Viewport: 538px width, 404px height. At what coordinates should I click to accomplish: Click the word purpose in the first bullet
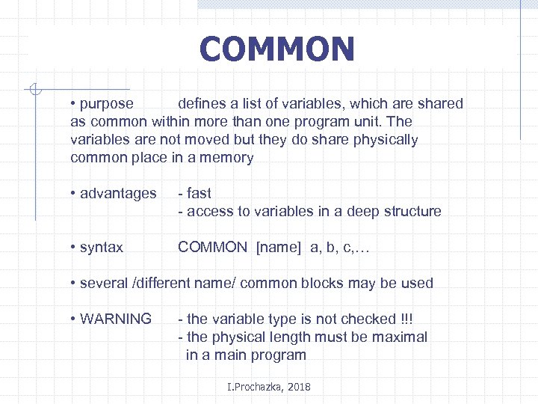pyautogui.click(x=106, y=104)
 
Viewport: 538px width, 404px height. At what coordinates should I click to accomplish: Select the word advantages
pyautogui.click(x=118, y=194)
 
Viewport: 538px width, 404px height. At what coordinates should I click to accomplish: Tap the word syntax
pyautogui.click(x=102, y=248)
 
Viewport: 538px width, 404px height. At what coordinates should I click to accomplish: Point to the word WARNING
pyautogui.click(x=115, y=319)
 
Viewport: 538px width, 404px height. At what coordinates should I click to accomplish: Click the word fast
pyautogui.click(x=199, y=194)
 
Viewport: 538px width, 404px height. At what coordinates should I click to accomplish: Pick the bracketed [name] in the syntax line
pyautogui.click(x=279, y=248)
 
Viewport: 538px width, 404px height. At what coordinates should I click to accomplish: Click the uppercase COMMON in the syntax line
pyautogui.click(x=212, y=248)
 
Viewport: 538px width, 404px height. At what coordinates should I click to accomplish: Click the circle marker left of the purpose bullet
pyautogui.click(x=32, y=91)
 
